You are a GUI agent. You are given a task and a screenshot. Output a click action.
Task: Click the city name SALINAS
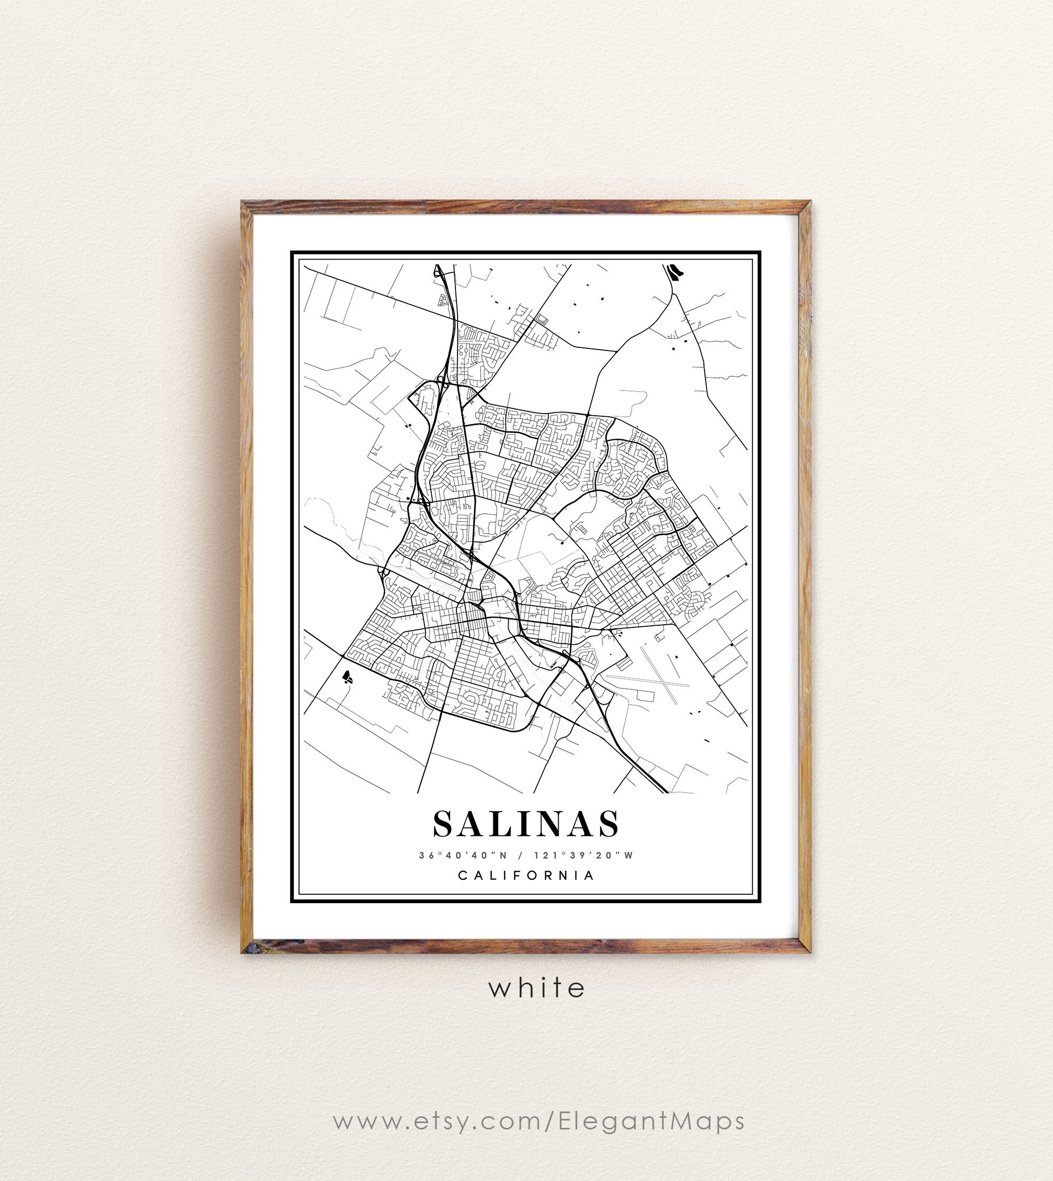(526, 824)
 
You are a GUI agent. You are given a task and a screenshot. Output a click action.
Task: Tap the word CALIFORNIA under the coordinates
(526, 876)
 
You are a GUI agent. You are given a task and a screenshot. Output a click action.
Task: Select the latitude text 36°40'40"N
(463, 855)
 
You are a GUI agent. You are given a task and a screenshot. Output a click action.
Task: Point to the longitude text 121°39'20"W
(584, 855)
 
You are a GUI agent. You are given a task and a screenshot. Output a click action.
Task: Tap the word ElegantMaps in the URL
(651, 1122)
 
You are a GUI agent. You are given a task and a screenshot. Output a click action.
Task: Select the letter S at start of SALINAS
(444, 824)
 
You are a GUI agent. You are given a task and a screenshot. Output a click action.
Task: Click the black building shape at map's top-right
(673, 271)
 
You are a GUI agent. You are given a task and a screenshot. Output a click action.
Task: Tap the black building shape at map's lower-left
(347, 676)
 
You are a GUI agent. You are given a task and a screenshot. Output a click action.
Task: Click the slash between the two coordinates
(521, 855)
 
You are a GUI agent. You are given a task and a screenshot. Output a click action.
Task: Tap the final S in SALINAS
(609, 824)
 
